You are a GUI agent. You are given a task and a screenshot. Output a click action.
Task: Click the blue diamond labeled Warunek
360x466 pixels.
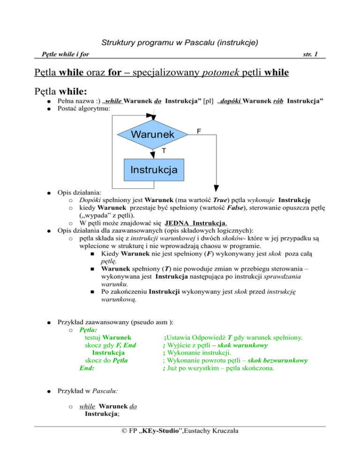[152, 135]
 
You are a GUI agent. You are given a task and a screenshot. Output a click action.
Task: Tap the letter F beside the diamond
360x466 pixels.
[199, 132]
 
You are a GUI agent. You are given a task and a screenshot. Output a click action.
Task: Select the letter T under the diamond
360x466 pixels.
[163, 150]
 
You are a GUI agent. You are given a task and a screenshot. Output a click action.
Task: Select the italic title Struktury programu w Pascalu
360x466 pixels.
[180, 44]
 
